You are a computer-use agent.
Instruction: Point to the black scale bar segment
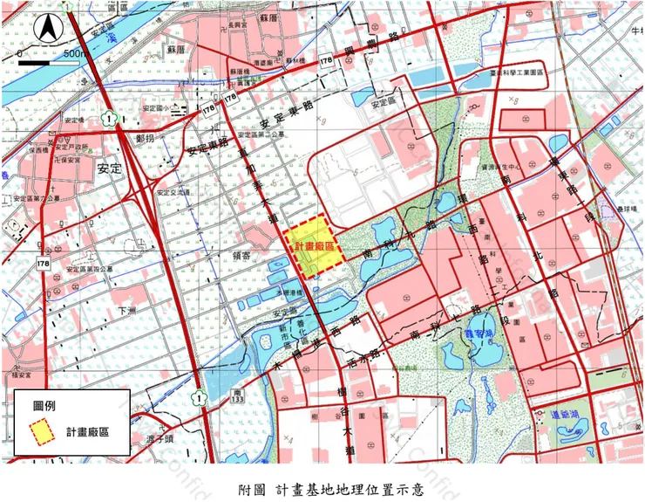[42, 64]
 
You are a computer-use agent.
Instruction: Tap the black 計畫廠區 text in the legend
[87, 433]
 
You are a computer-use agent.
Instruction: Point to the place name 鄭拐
[146, 139]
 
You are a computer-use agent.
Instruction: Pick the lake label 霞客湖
[479, 332]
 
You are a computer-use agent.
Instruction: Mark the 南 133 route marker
[238, 398]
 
